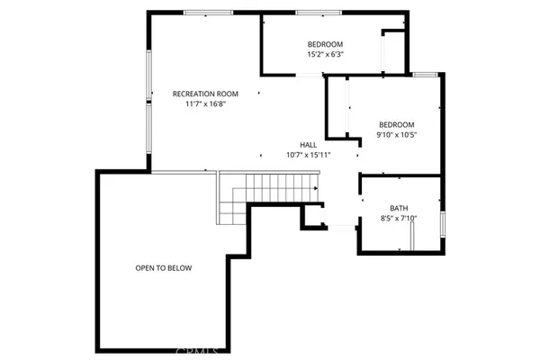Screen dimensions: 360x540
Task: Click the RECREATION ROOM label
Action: [x=205, y=94]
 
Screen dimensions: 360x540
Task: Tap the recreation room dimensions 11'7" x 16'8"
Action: [x=205, y=103]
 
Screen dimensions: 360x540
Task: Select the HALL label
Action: [x=308, y=145]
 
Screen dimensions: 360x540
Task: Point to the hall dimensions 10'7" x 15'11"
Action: [x=308, y=155]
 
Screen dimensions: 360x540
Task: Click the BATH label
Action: [x=399, y=208]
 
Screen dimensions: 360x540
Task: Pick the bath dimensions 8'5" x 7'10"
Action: [x=399, y=218]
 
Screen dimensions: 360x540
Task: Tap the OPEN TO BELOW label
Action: [x=163, y=268]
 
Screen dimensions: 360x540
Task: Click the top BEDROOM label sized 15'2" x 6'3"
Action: [x=325, y=44]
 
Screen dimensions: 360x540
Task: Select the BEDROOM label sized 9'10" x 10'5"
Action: [x=396, y=124]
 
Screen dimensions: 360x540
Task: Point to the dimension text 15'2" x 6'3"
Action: [x=325, y=54]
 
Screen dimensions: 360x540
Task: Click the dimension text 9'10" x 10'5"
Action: [x=396, y=134]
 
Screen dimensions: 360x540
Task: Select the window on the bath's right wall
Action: [x=443, y=224]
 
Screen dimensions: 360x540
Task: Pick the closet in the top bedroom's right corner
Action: [x=394, y=51]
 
